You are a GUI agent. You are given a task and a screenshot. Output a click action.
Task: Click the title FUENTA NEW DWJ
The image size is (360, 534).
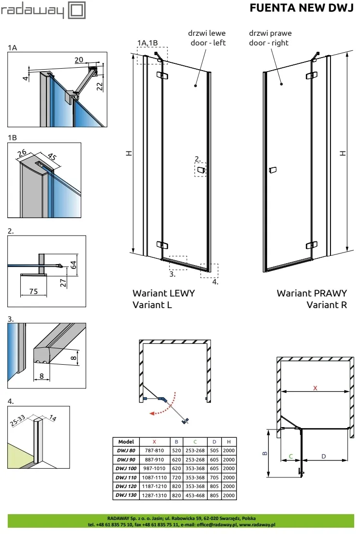coord(301,8)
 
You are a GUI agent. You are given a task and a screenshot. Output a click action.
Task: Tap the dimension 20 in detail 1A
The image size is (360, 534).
coord(79,59)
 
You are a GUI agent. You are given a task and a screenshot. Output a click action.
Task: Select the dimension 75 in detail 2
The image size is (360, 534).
coord(33,291)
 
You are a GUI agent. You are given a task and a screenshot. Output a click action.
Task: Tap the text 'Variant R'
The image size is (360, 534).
coord(327,305)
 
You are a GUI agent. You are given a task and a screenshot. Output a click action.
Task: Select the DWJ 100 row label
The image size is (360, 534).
coord(126,468)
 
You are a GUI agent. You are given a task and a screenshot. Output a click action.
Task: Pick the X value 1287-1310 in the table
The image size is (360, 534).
coord(154,495)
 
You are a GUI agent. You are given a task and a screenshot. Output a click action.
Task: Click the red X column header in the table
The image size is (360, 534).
coord(154,442)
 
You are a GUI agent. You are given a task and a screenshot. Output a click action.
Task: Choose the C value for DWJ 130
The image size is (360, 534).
coord(195,495)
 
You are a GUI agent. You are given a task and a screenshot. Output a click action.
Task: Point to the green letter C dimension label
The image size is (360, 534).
coord(290,456)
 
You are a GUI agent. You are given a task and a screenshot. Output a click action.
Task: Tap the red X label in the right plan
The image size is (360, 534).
coord(315,388)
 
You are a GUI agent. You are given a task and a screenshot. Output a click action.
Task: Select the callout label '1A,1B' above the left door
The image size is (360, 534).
coord(148,43)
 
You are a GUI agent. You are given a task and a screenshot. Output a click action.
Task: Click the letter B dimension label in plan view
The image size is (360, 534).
coord(264,454)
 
